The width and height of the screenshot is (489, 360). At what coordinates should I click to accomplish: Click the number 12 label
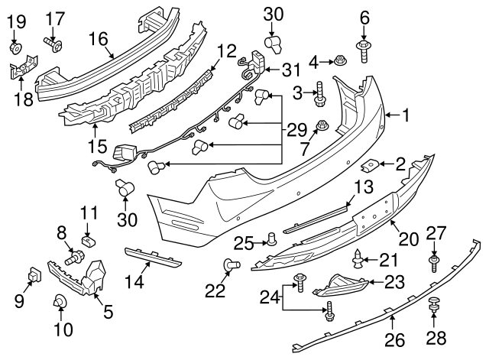pyautogui.click(x=227, y=51)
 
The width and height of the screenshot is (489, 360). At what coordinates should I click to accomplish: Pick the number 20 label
pyautogui.click(x=409, y=238)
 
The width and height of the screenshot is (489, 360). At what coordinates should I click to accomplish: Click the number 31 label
pyautogui.click(x=291, y=70)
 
